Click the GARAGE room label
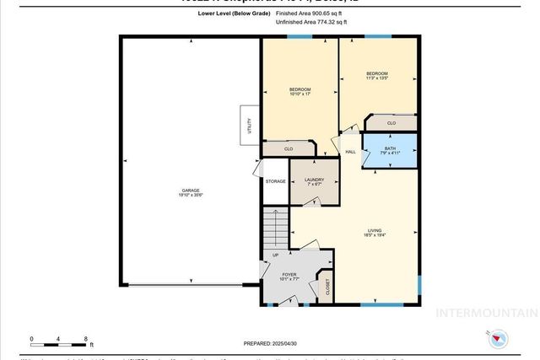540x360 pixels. [x=191, y=191]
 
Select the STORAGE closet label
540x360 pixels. [x=275, y=180]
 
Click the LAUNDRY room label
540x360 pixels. [x=314, y=180]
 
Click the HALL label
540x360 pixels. [x=350, y=152]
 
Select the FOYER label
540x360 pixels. [x=289, y=274]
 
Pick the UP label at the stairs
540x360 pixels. [x=274, y=255]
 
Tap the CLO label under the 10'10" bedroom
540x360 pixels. [x=288, y=149]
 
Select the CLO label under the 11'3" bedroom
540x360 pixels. [x=391, y=123]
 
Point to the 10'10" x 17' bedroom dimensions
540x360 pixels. [x=300, y=94]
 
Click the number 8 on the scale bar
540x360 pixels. [x=86, y=337]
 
